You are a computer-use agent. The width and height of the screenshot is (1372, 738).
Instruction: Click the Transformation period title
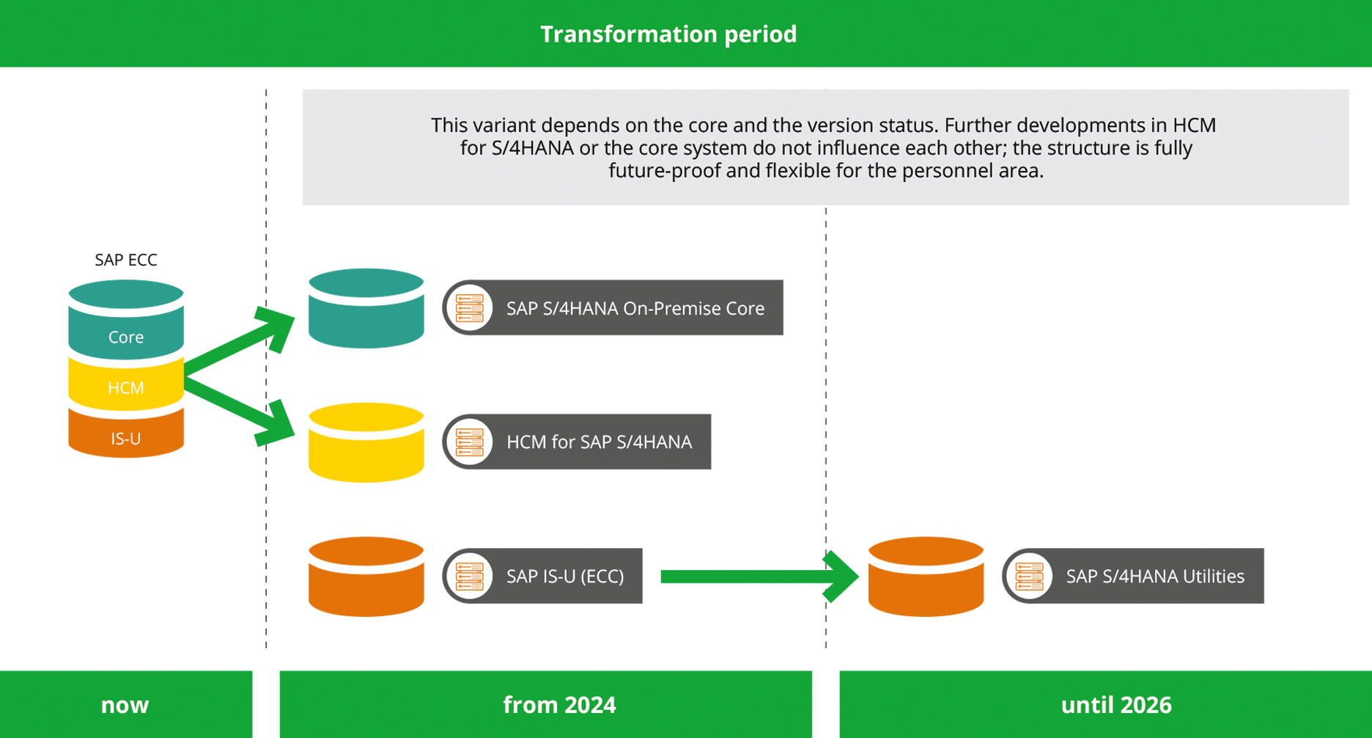click(x=668, y=34)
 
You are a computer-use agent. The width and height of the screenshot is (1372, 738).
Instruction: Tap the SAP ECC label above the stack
click(x=126, y=260)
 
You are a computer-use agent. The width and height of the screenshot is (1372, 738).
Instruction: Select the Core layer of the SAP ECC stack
click(x=126, y=337)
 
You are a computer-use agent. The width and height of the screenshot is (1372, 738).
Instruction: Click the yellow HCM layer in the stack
click(x=126, y=387)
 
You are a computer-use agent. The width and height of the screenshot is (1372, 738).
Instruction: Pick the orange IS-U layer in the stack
click(x=126, y=438)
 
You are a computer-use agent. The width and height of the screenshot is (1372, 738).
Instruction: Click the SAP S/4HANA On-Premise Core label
click(x=635, y=308)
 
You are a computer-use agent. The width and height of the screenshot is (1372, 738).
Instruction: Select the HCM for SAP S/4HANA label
click(x=599, y=442)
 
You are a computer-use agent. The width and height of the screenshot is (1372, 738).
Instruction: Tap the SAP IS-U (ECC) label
click(x=565, y=576)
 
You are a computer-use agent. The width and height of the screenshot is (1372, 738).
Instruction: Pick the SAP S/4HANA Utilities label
click(x=1154, y=576)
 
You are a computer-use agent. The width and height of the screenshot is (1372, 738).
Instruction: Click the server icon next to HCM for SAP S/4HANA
click(x=469, y=442)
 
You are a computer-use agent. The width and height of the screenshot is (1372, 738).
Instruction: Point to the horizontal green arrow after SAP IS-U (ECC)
click(x=755, y=577)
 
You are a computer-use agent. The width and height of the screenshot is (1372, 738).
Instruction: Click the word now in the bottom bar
click(x=125, y=705)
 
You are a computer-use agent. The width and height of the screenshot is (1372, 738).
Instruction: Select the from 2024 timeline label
click(x=559, y=705)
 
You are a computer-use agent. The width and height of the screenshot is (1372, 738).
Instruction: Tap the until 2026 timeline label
click(x=1116, y=705)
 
